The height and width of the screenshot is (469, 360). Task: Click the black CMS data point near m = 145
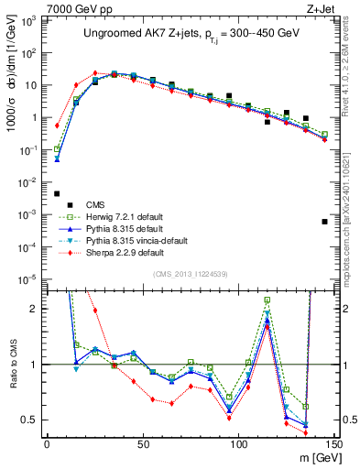[324, 222]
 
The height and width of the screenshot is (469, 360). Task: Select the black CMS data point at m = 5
[57, 193]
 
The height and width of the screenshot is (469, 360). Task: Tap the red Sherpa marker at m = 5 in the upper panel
[57, 125]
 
